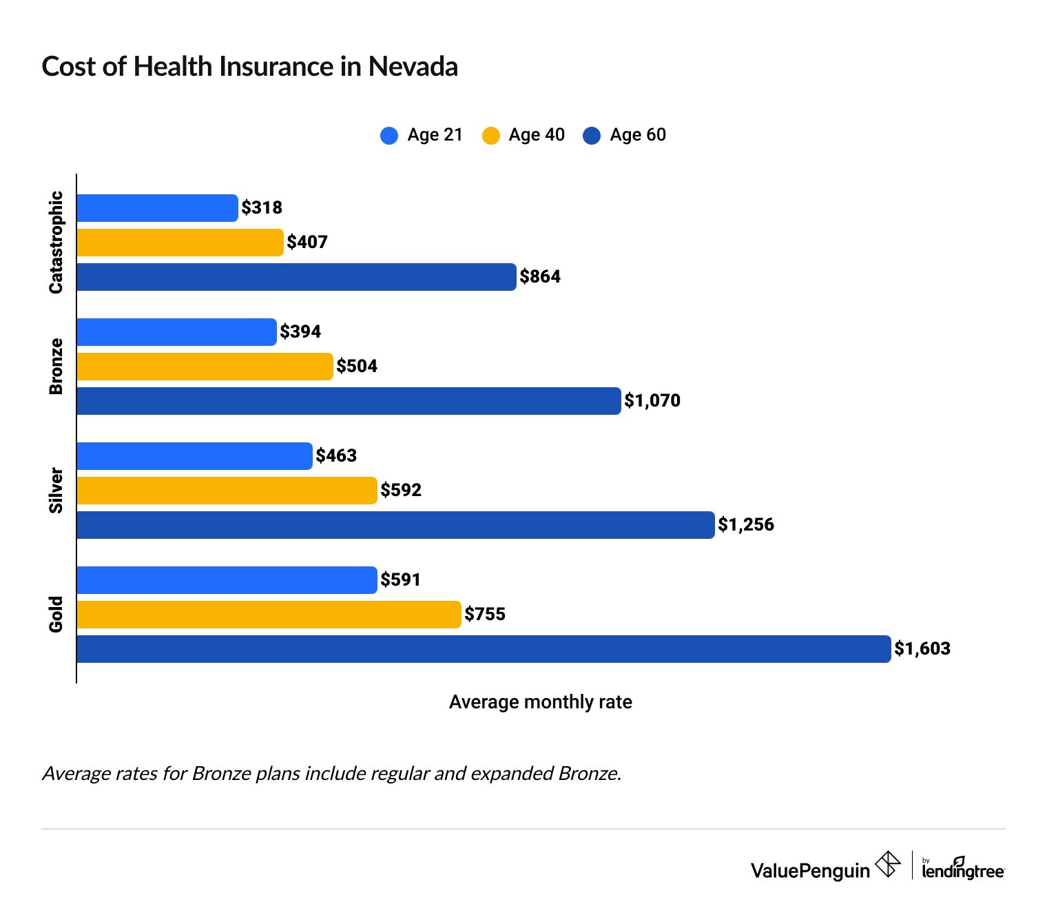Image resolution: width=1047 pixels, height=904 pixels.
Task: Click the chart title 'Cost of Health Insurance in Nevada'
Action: pos(249,67)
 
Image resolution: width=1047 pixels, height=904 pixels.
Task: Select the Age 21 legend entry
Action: pos(421,135)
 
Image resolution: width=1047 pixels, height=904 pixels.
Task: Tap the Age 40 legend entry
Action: pos(523,135)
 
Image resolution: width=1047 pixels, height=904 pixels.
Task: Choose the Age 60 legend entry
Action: pos(624,135)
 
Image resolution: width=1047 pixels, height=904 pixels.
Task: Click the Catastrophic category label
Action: pos(56,243)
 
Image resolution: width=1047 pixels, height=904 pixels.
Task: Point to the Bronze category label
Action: pos(56,367)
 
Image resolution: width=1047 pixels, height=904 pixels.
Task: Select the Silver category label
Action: pos(56,491)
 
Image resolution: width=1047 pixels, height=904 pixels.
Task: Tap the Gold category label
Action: pos(56,614)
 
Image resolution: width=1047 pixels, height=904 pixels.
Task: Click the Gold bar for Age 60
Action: pos(483,649)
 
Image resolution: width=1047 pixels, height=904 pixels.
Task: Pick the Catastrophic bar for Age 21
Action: pos(157,208)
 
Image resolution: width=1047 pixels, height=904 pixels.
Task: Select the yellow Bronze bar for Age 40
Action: pos(205,367)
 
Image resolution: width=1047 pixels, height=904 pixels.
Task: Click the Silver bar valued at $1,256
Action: pos(395,525)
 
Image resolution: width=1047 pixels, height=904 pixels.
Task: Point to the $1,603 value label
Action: pos(922,649)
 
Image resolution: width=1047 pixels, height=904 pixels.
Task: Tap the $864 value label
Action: pos(540,277)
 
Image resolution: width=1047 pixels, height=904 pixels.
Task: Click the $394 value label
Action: pos(300,332)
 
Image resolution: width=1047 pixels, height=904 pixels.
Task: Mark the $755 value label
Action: pos(485,615)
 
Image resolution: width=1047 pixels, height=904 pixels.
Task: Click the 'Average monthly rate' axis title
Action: pos(540,702)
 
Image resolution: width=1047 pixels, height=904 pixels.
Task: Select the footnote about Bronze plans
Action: pos(331,774)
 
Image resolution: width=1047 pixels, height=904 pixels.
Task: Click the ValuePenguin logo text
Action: pos(810,871)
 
